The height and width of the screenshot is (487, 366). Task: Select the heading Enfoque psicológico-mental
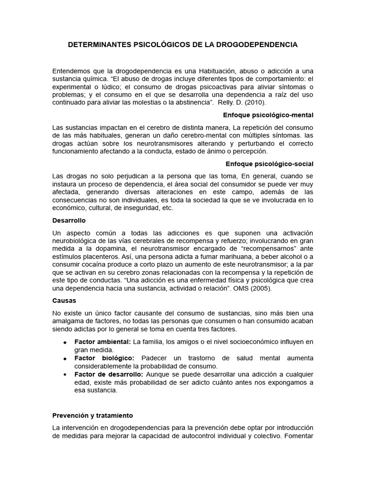(268, 115)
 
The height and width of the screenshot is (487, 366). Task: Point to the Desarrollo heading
(69, 221)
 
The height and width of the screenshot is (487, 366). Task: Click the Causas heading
(64, 301)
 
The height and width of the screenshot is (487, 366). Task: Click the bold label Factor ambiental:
(102, 341)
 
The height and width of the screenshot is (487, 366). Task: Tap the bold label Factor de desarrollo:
(109, 374)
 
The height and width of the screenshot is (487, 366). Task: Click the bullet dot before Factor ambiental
(64, 342)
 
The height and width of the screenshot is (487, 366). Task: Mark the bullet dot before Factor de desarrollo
(64, 374)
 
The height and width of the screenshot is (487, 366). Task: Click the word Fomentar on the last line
(298, 435)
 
